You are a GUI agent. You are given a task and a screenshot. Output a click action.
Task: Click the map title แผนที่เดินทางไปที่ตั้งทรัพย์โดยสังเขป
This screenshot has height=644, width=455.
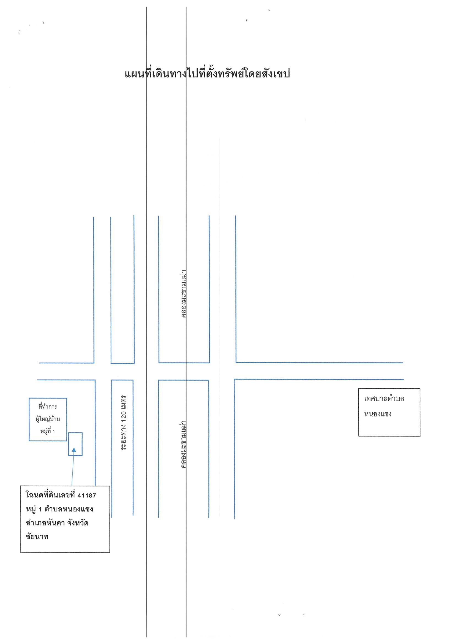(207, 74)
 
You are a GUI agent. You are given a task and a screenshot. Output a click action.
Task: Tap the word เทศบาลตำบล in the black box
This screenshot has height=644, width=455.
(384, 399)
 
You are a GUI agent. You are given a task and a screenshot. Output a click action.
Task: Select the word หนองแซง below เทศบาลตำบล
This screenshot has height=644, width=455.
(378, 414)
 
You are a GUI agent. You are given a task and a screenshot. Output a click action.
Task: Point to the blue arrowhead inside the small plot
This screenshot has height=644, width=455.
(74, 450)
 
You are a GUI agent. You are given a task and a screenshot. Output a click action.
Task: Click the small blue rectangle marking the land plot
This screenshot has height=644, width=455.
(75, 444)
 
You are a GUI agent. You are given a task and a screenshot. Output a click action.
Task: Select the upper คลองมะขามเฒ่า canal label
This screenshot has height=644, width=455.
(184, 294)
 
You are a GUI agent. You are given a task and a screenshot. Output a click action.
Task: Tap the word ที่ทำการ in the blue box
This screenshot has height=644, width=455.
(48, 407)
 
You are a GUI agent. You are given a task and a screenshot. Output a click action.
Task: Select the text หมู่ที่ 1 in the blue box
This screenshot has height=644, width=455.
(47, 431)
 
